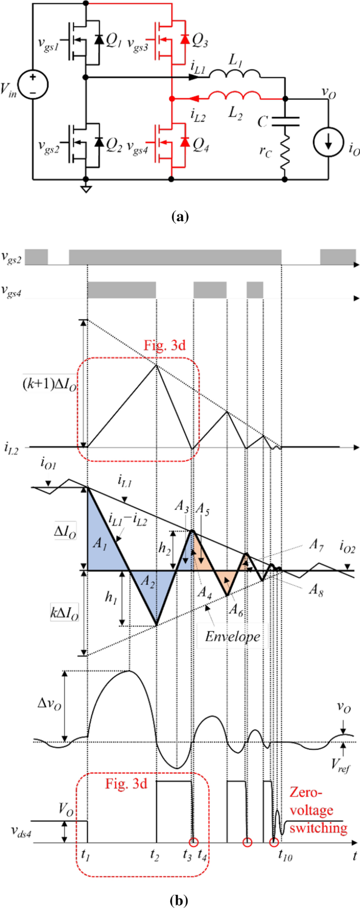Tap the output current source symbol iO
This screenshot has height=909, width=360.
[x=327, y=141]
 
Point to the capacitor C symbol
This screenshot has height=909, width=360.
[x=285, y=122]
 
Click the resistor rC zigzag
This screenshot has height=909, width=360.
[x=285, y=150]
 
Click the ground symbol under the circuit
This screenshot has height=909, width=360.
[x=85, y=187]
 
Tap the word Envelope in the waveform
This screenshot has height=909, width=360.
[x=232, y=636]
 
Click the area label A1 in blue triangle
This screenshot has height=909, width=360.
[x=100, y=543]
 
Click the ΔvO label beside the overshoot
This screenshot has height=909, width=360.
[x=50, y=705]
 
